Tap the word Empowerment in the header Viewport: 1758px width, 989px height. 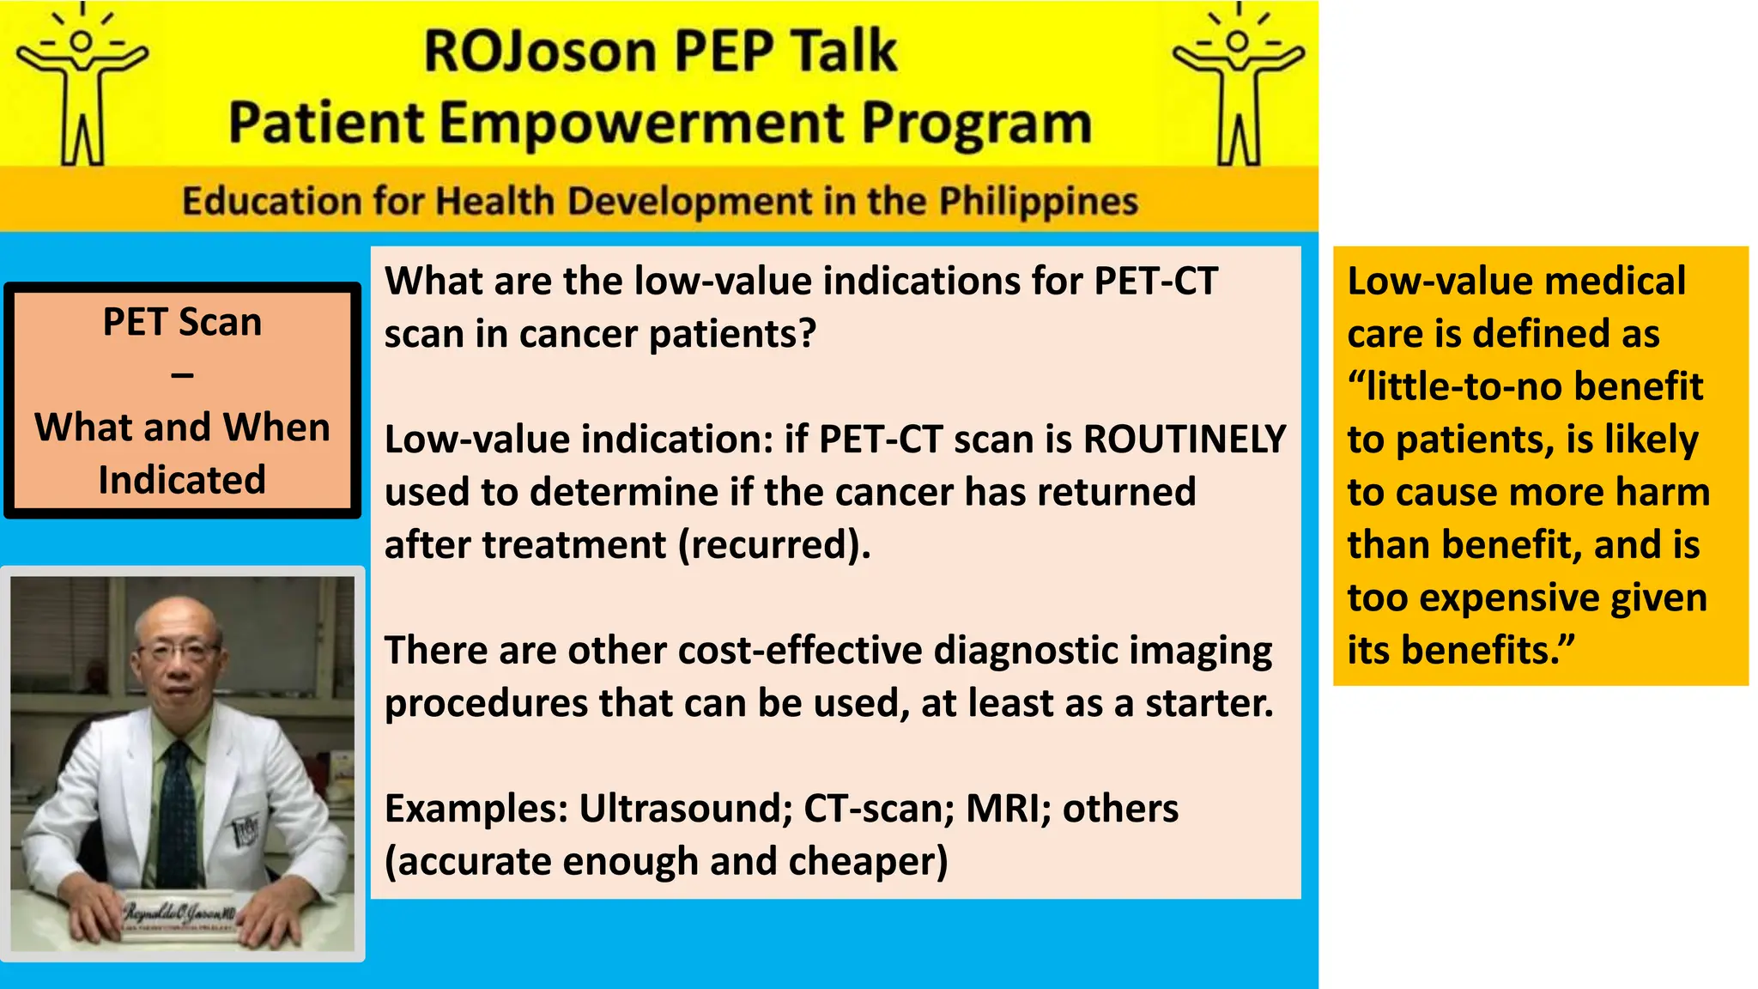click(x=642, y=123)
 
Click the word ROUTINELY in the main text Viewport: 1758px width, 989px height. click(x=1185, y=440)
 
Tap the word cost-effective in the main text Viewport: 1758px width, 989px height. click(x=798, y=651)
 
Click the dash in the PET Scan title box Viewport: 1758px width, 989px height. click(x=182, y=375)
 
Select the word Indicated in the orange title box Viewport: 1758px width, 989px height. click(x=182, y=480)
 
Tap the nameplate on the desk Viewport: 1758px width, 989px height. click(x=179, y=916)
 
